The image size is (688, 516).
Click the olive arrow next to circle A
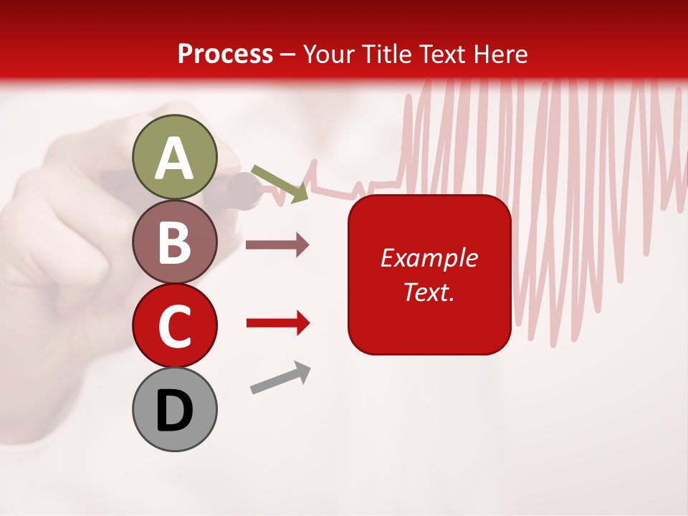click(280, 182)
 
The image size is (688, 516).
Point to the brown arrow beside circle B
click(277, 245)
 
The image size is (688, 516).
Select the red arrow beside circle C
click(277, 323)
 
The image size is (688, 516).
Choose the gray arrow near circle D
click(280, 378)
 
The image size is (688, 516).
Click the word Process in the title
click(225, 54)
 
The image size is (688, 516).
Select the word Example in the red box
click(429, 258)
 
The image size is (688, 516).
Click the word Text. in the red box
click(429, 292)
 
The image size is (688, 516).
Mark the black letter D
click(174, 411)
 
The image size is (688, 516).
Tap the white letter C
click(174, 328)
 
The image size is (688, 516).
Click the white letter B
click(174, 243)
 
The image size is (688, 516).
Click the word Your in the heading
click(329, 54)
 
